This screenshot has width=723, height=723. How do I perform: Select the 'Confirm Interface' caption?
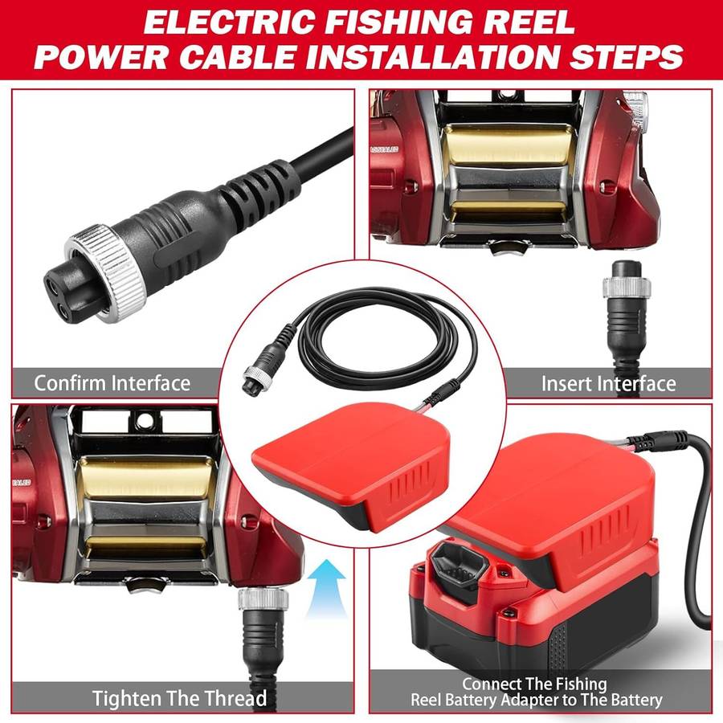tap(112, 383)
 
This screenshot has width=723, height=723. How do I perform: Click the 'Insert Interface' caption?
tap(608, 383)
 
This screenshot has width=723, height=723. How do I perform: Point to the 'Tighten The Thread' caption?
tap(179, 698)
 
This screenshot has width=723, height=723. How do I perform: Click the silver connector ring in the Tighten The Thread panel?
tap(263, 599)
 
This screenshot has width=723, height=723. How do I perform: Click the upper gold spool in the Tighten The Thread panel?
tap(145, 478)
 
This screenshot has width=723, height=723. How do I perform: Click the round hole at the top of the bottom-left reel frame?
tap(145, 420)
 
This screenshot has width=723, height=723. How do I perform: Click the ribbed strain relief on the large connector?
tap(261, 190)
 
